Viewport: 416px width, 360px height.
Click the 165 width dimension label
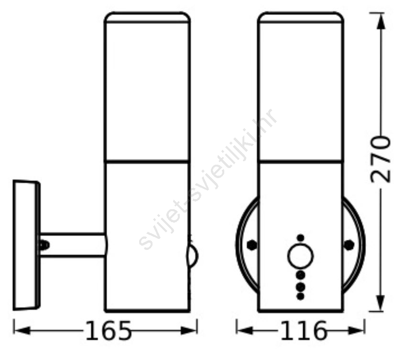[x=109, y=331]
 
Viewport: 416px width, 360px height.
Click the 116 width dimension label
[x=304, y=331]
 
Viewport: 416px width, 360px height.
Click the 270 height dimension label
[x=381, y=159]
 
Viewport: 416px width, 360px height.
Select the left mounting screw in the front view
[x=252, y=245]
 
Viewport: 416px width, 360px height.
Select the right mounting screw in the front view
[x=349, y=245]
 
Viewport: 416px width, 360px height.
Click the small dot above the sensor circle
[x=300, y=238]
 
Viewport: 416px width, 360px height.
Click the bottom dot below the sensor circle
[x=300, y=296]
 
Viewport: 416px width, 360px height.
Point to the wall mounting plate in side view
[x=26, y=245]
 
